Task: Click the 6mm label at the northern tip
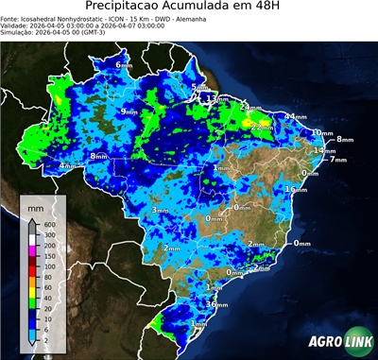pyautogui.click(x=124, y=64)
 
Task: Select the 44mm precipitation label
pyautogui.click(x=296, y=116)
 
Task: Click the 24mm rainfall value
pyautogui.click(x=249, y=108)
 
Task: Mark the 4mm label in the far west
pyautogui.click(x=68, y=166)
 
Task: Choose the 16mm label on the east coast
pyautogui.click(x=296, y=190)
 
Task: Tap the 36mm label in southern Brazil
pyautogui.click(x=216, y=305)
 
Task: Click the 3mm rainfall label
pyautogui.click(x=160, y=211)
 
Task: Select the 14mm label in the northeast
pyautogui.click(x=325, y=151)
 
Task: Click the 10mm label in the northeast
pyautogui.click(x=322, y=133)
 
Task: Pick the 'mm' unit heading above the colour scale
pyautogui.click(x=35, y=206)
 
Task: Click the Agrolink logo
pyautogui.click(x=335, y=342)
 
